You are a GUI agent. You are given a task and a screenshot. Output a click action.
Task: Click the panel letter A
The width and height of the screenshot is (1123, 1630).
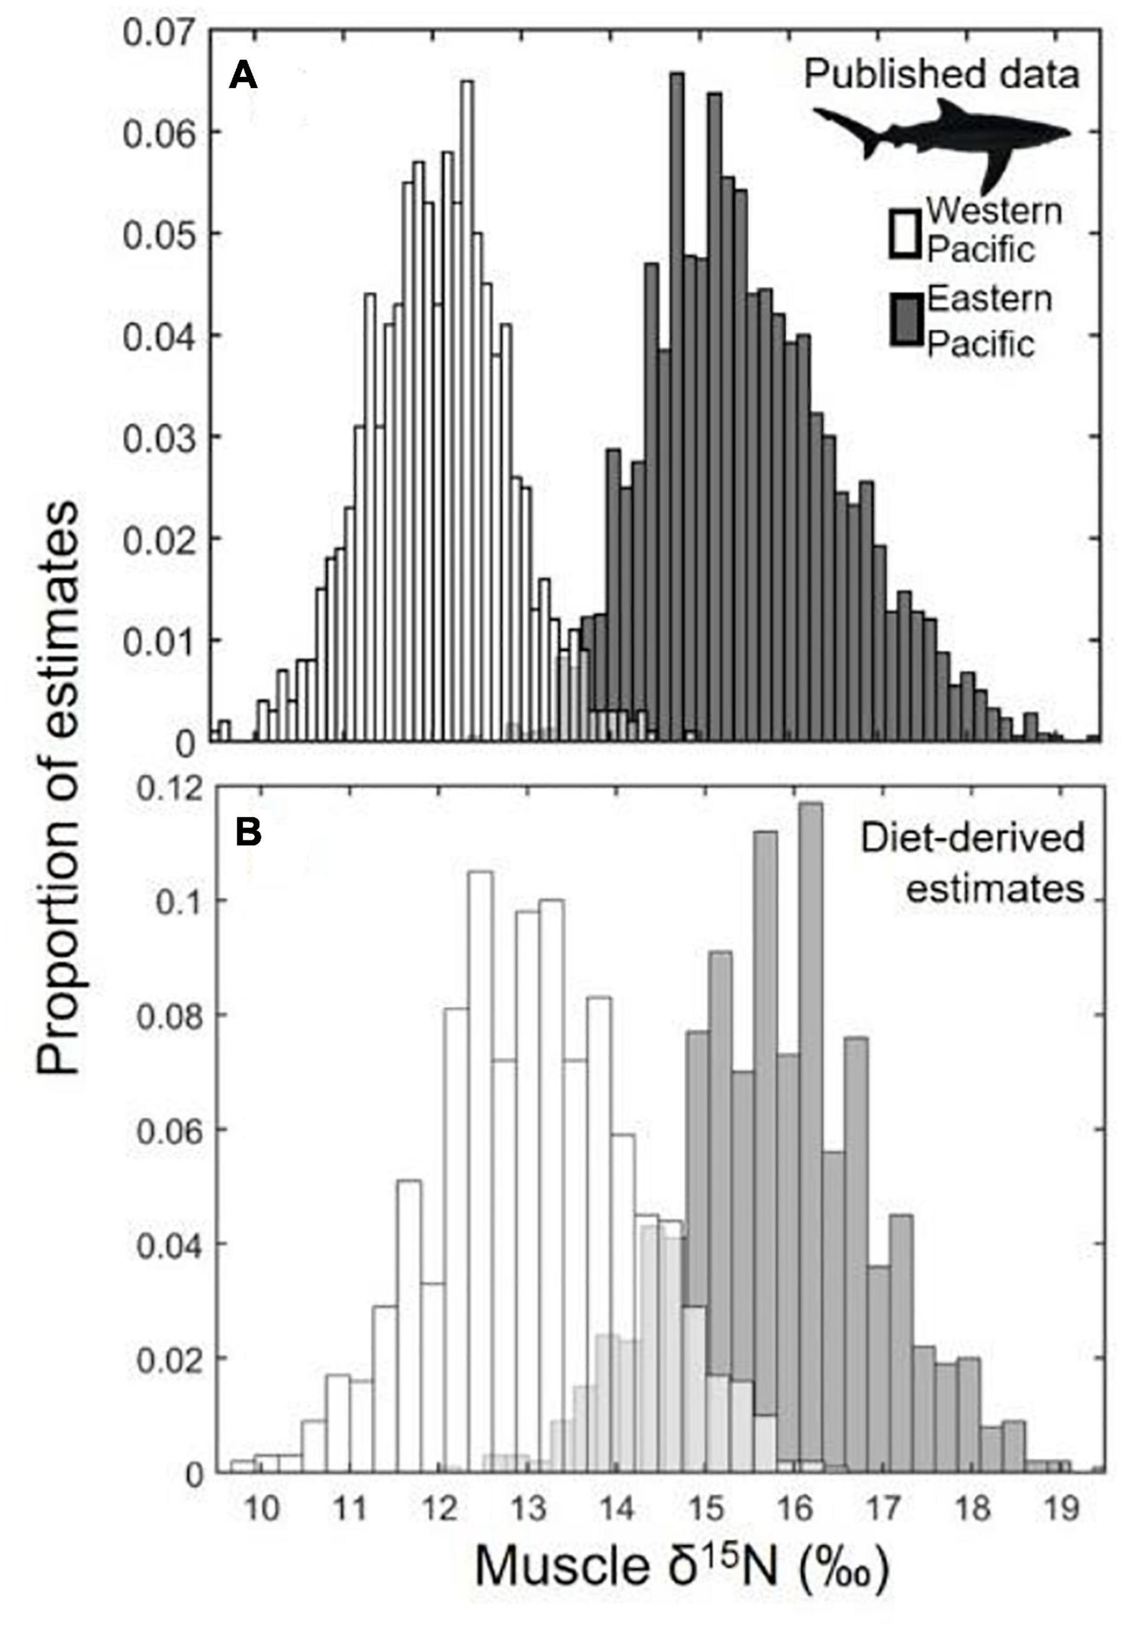tap(244, 74)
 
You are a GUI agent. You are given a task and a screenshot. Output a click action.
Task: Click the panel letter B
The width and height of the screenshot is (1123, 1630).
tap(248, 833)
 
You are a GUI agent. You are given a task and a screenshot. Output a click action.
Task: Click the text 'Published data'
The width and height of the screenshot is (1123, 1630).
tap(941, 74)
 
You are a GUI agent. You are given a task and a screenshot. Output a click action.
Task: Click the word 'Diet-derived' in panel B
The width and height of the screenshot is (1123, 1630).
tap(972, 839)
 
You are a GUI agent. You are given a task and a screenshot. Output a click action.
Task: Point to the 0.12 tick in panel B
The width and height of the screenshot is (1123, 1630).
tap(169, 788)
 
